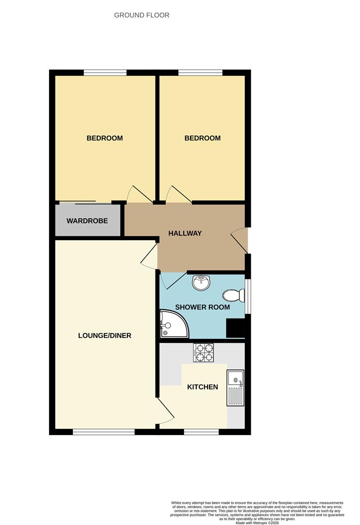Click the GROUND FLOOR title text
[142, 15]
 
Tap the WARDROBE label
[87, 221]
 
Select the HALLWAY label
[185, 233]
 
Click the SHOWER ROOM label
[203, 307]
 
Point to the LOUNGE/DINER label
[104, 335]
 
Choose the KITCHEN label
[203, 387]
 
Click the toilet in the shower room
[233, 295]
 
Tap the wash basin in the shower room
[201, 282]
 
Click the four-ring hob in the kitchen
[204, 352]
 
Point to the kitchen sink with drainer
[235, 387]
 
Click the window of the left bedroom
[105, 73]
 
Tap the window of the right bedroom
[200, 73]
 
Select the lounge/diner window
[103, 432]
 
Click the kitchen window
[201, 432]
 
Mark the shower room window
[248, 296]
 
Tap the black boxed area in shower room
[235, 328]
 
